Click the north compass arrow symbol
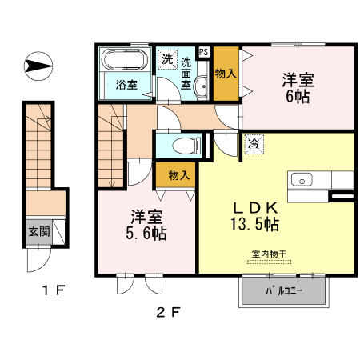(38, 66)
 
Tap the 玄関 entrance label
(39, 231)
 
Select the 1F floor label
(54, 290)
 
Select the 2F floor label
(168, 312)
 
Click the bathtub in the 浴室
(126, 59)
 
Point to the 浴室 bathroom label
(126, 85)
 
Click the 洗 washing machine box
(167, 59)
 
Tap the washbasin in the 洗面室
(200, 86)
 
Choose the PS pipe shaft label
(204, 51)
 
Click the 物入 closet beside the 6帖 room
(226, 74)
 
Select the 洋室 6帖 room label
(298, 88)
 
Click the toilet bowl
(186, 146)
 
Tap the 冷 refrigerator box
(254, 144)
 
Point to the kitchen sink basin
(302, 179)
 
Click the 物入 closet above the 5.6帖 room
(175, 175)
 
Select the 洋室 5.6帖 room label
(146, 225)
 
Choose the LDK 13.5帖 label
(255, 216)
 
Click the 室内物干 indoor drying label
(269, 254)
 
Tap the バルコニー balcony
(284, 290)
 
